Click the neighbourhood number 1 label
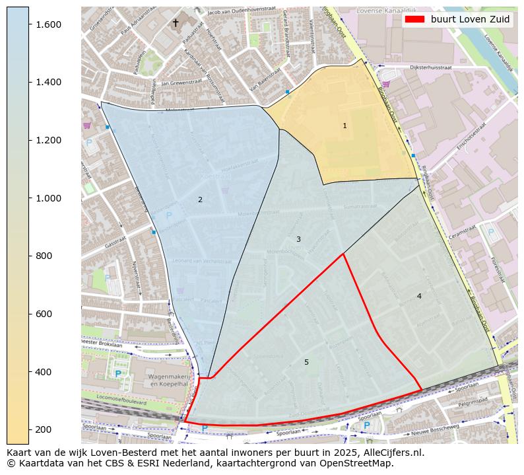point(344,126)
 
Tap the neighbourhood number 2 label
point(200,200)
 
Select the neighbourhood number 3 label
point(298,239)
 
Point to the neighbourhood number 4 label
point(419,296)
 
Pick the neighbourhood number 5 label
point(306,362)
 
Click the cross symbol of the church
point(176,23)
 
